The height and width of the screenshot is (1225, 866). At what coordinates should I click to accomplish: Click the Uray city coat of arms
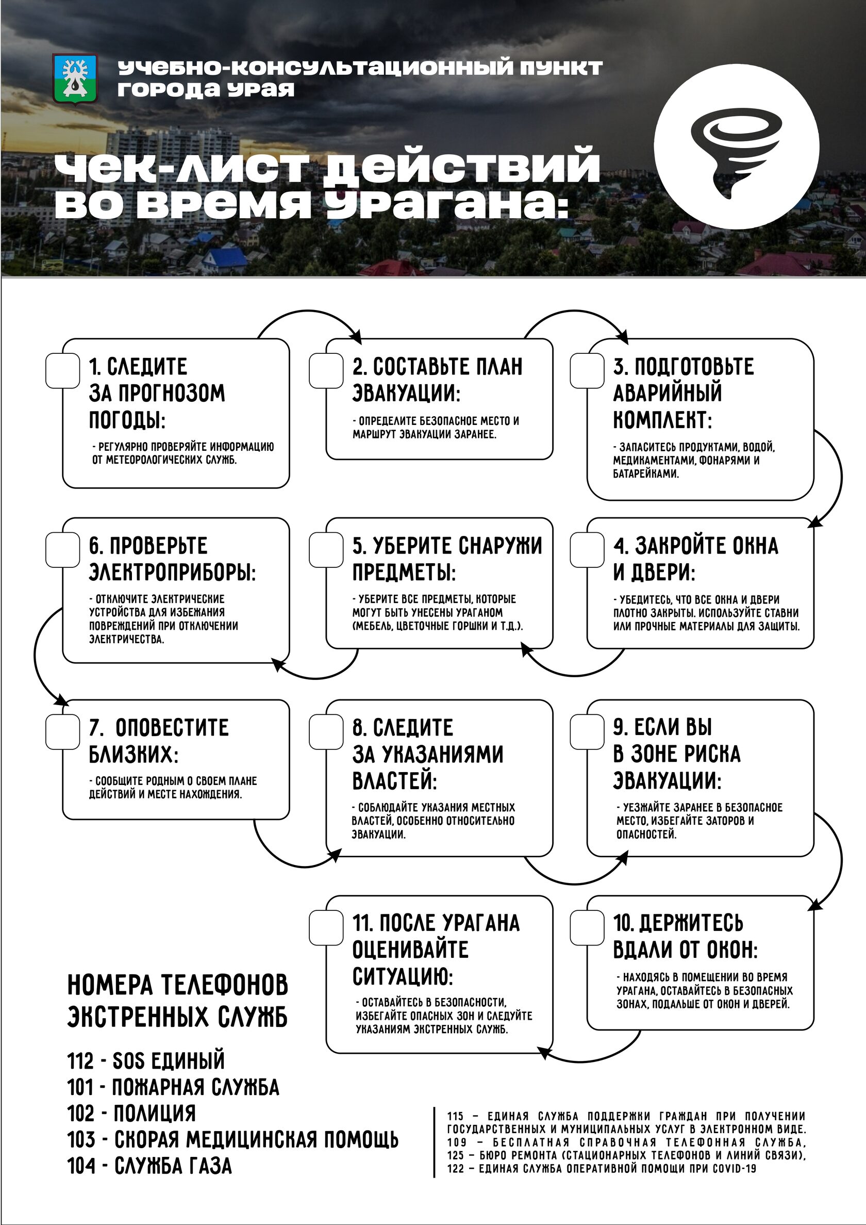tap(75, 78)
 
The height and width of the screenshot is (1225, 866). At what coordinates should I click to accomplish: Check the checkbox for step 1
tap(62, 370)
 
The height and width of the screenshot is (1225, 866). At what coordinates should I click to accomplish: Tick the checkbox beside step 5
tap(326, 549)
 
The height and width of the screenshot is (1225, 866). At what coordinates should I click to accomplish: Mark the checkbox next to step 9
tap(587, 731)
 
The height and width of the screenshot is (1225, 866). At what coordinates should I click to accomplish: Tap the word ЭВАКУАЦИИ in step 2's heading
tap(406, 394)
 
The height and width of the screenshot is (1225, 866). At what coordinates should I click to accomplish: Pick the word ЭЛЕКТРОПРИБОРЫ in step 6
tap(172, 573)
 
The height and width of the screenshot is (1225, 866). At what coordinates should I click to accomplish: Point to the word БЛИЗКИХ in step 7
tap(134, 755)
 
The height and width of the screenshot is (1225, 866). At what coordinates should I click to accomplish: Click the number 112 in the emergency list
tap(80, 1060)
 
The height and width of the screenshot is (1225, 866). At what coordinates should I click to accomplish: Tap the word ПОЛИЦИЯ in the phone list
tap(155, 1114)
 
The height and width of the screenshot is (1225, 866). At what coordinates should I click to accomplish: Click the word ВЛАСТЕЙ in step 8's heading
tap(395, 781)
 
